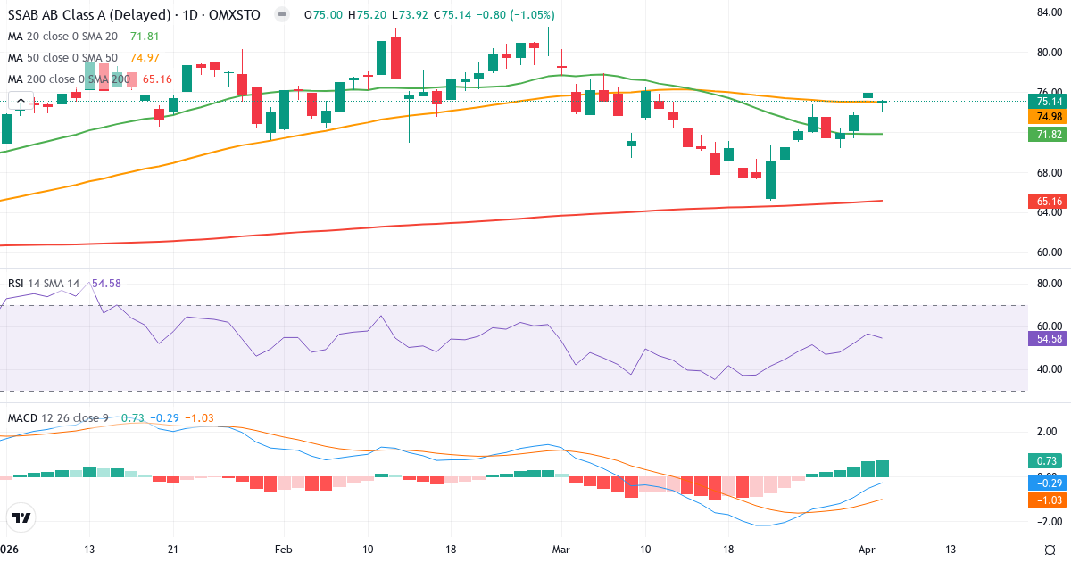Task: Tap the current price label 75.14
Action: [x=1043, y=101]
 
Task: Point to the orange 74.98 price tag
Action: [x=1043, y=117]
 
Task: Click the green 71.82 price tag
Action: [x=1043, y=134]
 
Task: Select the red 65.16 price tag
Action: [x=1043, y=202]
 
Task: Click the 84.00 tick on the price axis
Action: [x=1047, y=12]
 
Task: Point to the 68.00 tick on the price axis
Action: [x=1047, y=172]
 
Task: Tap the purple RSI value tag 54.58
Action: [x=1043, y=339]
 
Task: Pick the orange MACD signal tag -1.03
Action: [x=1043, y=500]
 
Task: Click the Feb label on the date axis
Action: [x=284, y=549]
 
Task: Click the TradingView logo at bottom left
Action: [x=21, y=517]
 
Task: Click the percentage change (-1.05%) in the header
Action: [x=530, y=15]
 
